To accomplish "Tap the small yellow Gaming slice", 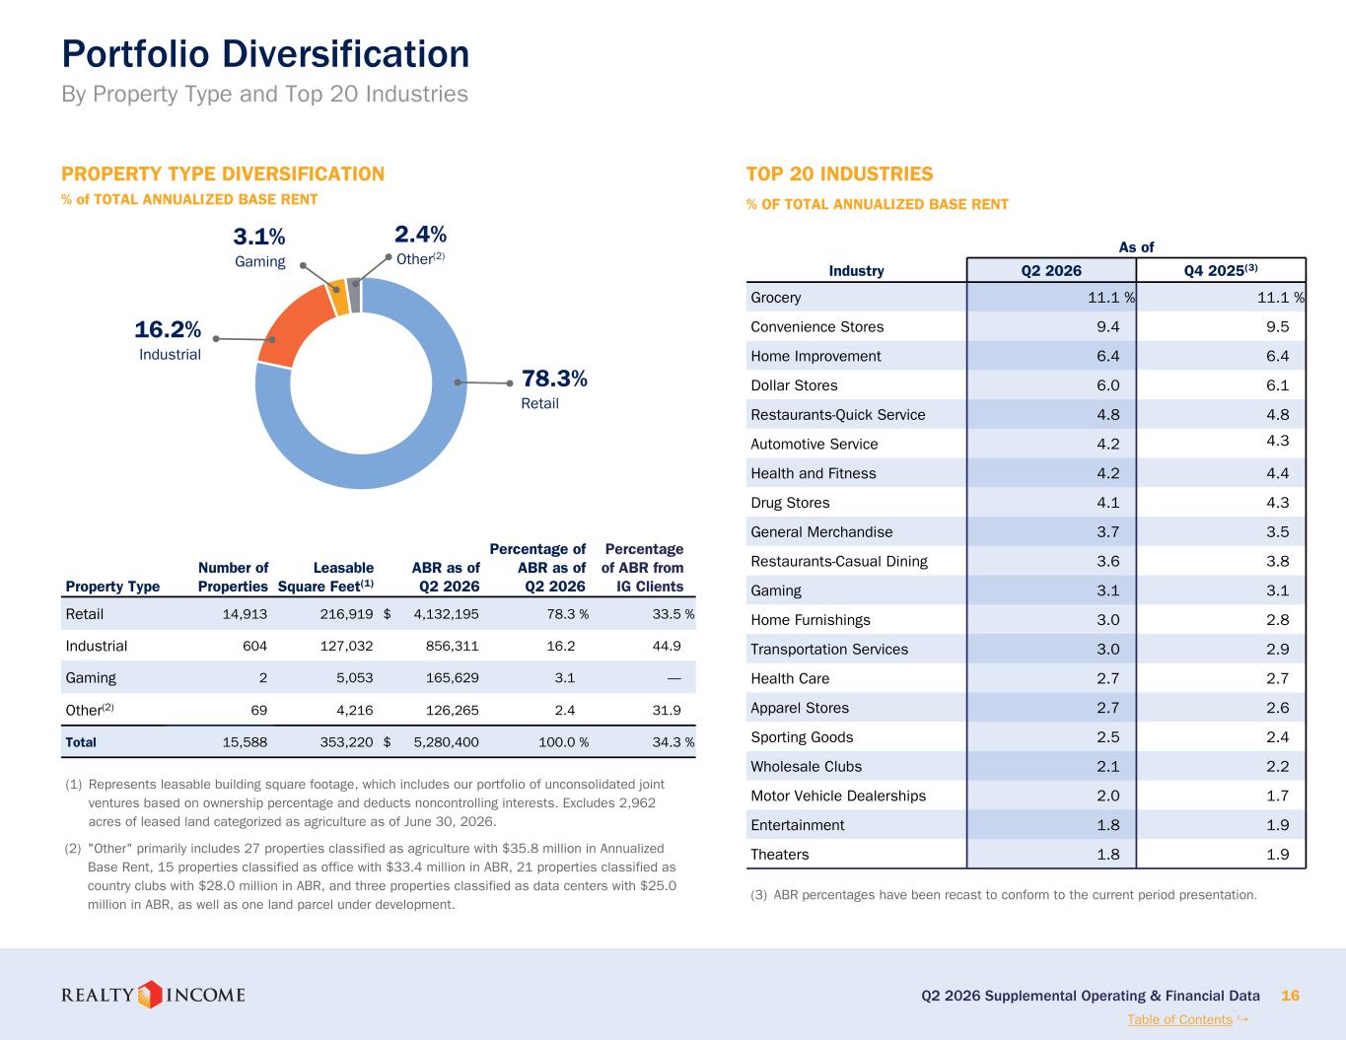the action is (x=338, y=297).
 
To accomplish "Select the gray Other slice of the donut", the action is (x=354, y=295).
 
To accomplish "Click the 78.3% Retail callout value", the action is (x=554, y=379).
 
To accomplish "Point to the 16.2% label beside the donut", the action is (x=168, y=329).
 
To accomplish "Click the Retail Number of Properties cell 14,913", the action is (x=245, y=614).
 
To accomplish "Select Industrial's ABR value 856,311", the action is (x=453, y=647).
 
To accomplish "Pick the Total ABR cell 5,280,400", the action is (x=446, y=742).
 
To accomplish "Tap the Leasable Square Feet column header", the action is (x=325, y=577).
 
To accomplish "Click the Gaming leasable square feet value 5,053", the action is (x=355, y=678).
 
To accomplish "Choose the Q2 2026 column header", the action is (x=1051, y=270).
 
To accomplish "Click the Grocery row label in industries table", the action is (x=775, y=298).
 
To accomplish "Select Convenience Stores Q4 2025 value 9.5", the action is (x=1277, y=327).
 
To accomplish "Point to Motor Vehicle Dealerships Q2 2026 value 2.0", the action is (x=1108, y=797).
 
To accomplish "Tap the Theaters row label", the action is (x=780, y=855).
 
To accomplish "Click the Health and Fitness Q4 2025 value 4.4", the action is (x=1277, y=473).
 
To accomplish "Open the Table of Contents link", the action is (x=1180, y=1019).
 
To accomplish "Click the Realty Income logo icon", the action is (x=149, y=995).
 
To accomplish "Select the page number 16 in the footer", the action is (x=1290, y=996).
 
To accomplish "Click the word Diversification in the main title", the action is (x=346, y=54).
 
